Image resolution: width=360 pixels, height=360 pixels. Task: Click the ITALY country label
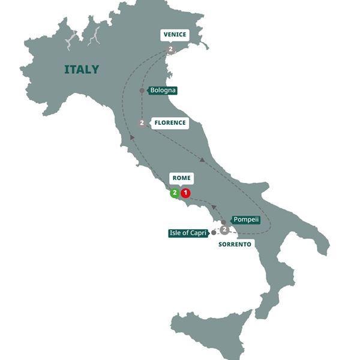[x=82, y=70]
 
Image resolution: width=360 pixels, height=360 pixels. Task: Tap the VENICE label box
[x=175, y=35]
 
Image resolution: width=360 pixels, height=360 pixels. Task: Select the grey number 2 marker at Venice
[x=171, y=49]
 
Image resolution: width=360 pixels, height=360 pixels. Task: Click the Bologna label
[x=163, y=91]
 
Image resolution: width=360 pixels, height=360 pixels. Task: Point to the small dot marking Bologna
[x=142, y=91]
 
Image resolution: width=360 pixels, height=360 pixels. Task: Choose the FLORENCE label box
[x=170, y=123]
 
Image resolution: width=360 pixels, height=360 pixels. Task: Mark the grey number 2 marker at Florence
[x=142, y=123]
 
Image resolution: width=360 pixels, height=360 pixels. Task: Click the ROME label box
[x=181, y=178]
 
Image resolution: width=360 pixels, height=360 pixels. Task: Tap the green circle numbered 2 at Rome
[x=175, y=193]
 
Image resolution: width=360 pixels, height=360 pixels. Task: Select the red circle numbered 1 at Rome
[x=186, y=193]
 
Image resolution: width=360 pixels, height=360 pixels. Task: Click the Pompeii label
[x=246, y=220]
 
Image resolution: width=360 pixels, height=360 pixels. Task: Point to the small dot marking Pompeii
[x=223, y=222]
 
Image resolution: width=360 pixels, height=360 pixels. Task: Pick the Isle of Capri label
[x=188, y=233]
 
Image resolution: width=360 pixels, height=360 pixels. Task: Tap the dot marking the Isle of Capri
[x=214, y=232]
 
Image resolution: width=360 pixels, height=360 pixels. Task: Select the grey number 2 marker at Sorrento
[x=224, y=229]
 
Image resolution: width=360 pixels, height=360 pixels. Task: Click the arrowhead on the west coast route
[x=131, y=138]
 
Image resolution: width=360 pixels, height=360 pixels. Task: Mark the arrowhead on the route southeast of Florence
[x=203, y=160]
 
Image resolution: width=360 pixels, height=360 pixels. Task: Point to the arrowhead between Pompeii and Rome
[x=213, y=207]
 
